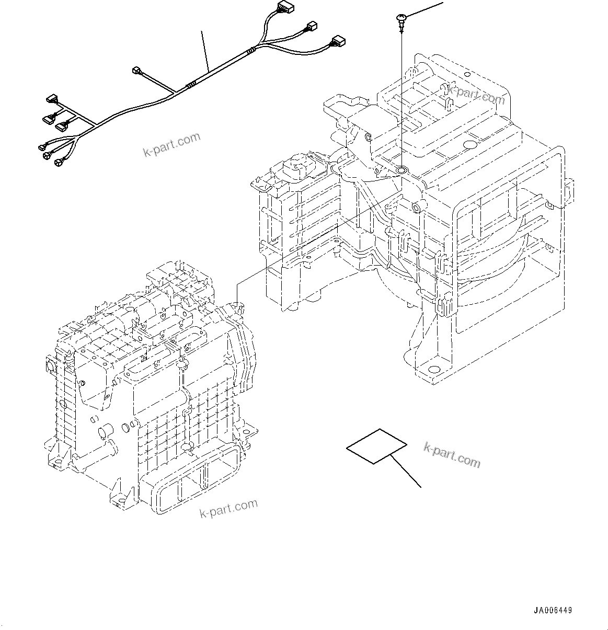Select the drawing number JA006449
click(x=553, y=611)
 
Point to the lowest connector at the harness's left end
click(x=58, y=164)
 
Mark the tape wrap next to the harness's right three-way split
click(x=253, y=51)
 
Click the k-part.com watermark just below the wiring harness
click(x=171, y=144)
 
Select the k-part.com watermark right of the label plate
click(x=452, y=454)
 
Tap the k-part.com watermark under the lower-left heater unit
click(x=229, y=508)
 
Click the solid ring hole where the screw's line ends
click(x=401, y=170)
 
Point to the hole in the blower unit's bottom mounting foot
click(x=433, y=369)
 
